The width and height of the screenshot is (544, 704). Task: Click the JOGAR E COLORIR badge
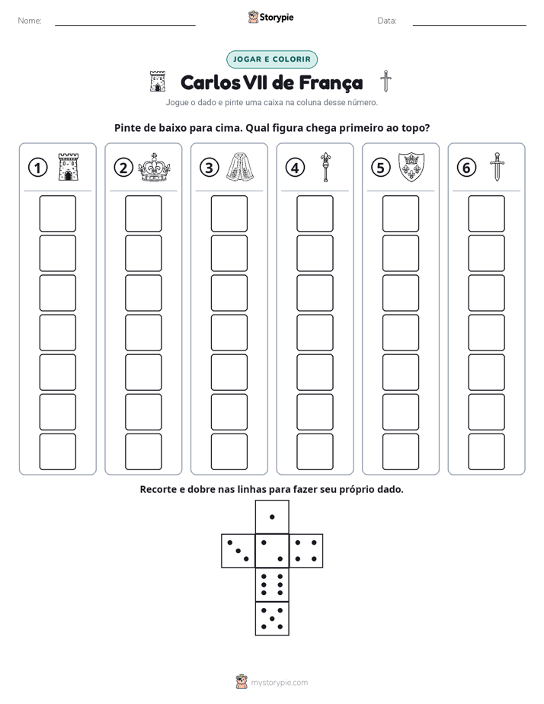click(271, 59)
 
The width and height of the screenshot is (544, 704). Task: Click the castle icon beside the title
click(158, 82)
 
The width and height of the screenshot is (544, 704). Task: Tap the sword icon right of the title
click(386, 82)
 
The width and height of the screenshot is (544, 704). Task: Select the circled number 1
click(37, 168)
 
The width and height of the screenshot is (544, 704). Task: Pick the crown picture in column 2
click(154, 168)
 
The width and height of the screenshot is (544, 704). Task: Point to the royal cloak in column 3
click(240, 167)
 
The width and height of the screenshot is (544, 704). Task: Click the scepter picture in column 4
click(325, 167)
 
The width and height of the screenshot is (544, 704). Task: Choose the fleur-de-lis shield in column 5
click(411, 167)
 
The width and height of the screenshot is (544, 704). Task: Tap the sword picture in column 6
click(497, 167)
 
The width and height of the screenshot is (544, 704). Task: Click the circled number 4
click(295, 168)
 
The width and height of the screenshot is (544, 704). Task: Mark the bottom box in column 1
click(57, 452)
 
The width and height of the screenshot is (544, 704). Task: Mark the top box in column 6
click(486, 213)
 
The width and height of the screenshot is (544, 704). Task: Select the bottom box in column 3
click(229, 452)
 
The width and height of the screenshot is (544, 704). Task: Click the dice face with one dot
click(272, 517)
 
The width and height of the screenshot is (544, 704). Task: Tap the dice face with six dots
click(272, 584)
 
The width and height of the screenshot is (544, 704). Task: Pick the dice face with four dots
click(306, 550)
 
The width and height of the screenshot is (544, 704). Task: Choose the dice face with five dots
click(272, 618)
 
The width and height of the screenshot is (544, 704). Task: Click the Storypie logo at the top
click(270, 17)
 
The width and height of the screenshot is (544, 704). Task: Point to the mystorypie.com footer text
click(279, 683)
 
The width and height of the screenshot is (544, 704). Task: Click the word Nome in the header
click(30, 21)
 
